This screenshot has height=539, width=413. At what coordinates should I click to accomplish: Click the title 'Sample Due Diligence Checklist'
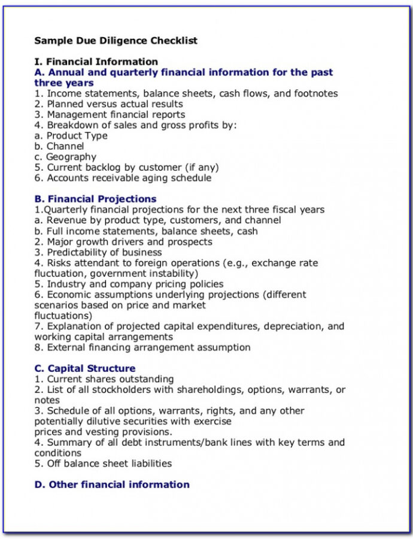pos(116,41)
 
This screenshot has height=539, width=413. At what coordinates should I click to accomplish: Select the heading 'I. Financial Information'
pos(96,62)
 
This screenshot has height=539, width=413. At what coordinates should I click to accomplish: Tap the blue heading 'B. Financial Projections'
pos(95,199)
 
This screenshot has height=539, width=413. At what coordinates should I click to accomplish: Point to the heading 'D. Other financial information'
pos(112,485)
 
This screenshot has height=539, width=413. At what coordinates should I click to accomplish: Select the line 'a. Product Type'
pos(71,135)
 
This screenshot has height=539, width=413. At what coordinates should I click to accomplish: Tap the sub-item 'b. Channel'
pos(59,146)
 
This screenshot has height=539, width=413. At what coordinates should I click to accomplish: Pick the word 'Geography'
pos(71,157)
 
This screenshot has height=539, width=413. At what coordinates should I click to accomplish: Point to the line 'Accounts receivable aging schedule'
pos(129,178)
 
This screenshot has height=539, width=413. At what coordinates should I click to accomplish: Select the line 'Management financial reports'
pos(116,114)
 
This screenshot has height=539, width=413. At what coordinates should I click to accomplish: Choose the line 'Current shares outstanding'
pos(110,379)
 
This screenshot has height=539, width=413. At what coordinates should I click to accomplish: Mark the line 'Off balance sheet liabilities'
pos(109,464)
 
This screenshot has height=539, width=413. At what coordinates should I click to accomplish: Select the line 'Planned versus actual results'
pos(114,104)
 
